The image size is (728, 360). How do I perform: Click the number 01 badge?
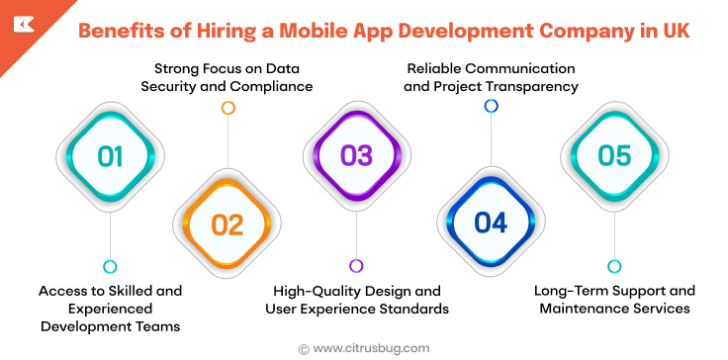tap(110, 156)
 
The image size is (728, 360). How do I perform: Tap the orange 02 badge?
tap(227, 225)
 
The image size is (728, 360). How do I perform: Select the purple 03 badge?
tap(356, 156)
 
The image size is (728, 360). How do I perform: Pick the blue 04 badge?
tap(491, 224)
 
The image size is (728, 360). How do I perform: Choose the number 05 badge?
tap(614, 156)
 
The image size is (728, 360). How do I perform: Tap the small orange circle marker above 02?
tap(227, 107)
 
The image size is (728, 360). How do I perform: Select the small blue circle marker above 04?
tap(491, 106)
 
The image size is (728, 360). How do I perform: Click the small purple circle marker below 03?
tap(356, 265)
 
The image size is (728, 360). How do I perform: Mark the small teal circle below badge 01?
tap(110, 266)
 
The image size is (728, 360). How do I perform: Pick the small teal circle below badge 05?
tap(614, 266)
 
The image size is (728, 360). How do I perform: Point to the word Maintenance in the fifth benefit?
tap(585, 309)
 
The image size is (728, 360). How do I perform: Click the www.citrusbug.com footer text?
tap(371, 347)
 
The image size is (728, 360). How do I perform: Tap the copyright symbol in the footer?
tap(303, 348)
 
